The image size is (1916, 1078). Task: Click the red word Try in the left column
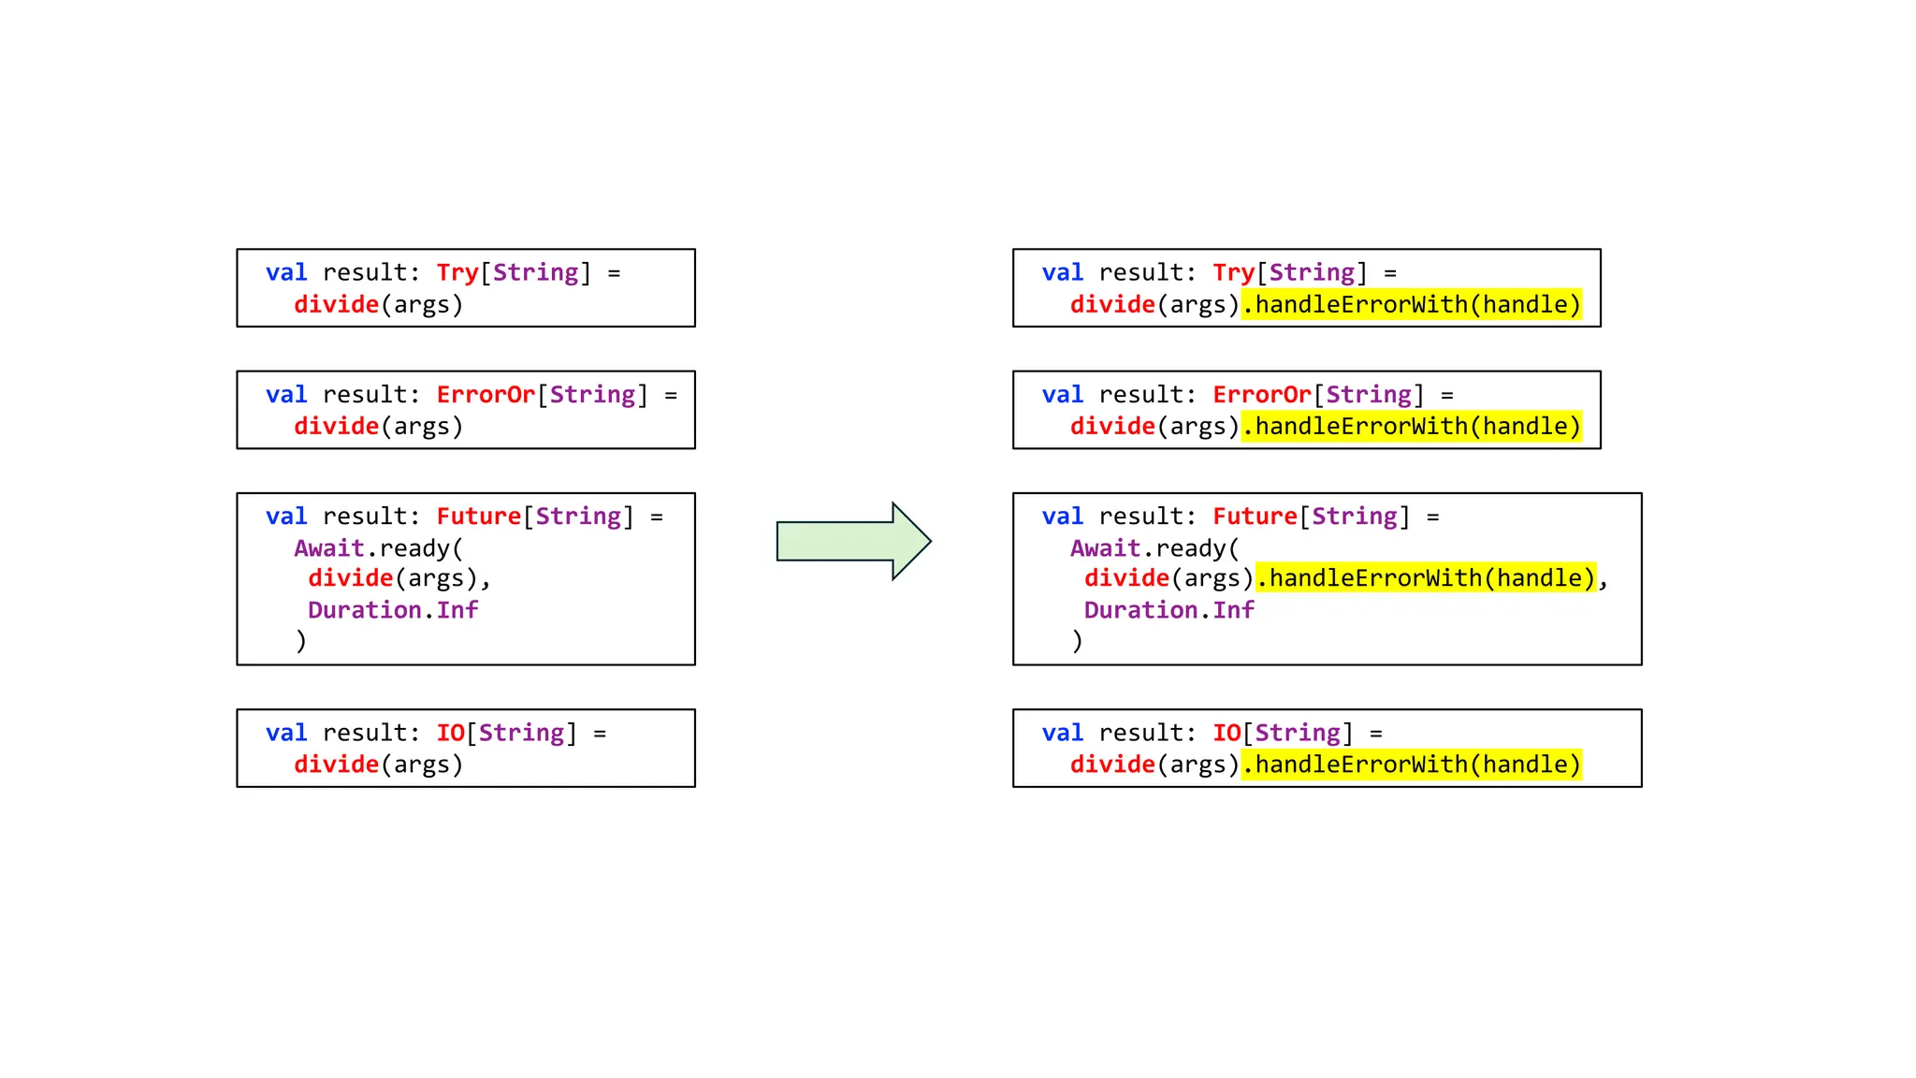457,272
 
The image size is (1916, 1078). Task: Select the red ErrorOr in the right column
1261,394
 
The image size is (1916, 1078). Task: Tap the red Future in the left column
478,516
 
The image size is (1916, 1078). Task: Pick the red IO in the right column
1226,733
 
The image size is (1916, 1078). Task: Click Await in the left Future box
328,547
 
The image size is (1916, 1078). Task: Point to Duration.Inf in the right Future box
1168,610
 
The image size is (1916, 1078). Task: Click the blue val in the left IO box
286,733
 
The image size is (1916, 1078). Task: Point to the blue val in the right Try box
1062,272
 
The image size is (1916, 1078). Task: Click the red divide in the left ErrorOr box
336,426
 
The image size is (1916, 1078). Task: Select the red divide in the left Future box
350,578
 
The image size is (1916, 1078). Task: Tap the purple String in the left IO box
521,733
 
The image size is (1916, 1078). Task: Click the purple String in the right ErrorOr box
1368,394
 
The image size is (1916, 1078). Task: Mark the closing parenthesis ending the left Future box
300,641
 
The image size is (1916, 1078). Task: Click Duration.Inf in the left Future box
393,610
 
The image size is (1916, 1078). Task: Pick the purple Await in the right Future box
1105,547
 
